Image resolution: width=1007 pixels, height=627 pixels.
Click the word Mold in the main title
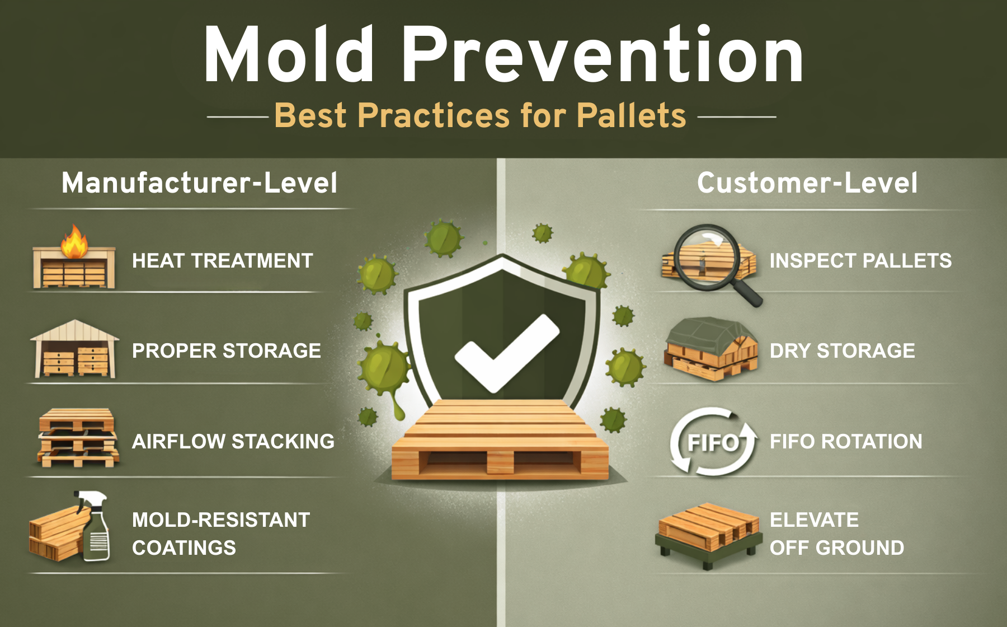(289, 55)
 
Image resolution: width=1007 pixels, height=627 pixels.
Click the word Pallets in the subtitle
(631, 116)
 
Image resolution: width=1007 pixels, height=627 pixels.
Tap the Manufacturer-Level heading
(199, 183)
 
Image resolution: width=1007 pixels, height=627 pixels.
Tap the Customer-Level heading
(807, 183)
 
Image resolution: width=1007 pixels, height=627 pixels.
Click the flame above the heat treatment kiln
(74, 241)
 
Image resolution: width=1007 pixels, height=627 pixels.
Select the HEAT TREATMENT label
(223, 261)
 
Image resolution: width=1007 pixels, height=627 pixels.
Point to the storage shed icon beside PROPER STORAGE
(74, 348)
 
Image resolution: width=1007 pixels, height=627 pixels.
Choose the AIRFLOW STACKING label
(233, 442)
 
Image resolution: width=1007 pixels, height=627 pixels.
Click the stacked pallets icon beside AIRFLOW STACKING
(77, 438)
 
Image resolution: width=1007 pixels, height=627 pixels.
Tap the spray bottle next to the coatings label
(94, 526)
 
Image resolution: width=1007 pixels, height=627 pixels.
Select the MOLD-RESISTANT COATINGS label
(221, 534)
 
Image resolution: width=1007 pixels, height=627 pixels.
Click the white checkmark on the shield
(507, 353)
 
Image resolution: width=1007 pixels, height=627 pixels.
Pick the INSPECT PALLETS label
(860, 261)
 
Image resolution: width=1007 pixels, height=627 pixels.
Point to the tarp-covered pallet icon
(710, 349)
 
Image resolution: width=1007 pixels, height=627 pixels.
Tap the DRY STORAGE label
(843, 351)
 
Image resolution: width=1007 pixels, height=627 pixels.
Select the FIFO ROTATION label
(846, 442)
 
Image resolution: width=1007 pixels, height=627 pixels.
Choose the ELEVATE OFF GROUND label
(837, 534)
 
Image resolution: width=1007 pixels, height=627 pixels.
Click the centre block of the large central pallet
(500, 462)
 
